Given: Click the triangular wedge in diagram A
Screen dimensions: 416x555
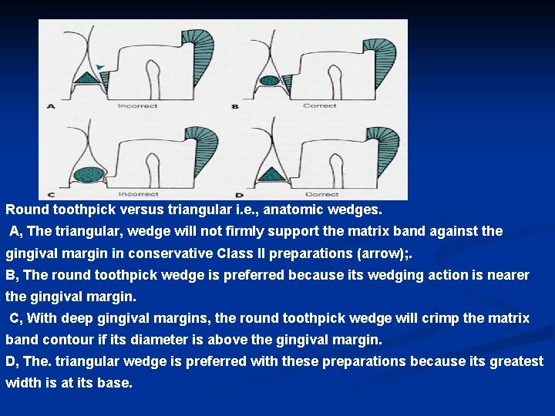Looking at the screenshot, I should tap(88, 78).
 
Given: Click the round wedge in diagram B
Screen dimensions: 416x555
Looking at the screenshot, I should tap(270, 80).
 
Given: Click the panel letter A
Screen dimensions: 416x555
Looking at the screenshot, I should tap(51, 106).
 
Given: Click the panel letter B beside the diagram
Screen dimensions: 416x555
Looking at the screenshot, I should tap(235, 106).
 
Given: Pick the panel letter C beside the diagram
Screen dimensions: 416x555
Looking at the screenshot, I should tap(50, 194).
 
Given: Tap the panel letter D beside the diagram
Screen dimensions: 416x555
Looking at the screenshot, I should tap(235, 194).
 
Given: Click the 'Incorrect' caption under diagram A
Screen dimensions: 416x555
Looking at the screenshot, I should tap(137, 106).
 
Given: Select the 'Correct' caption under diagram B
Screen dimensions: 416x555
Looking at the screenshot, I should tap(319, 106).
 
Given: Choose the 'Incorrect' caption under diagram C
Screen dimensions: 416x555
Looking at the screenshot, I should tap(137, 194).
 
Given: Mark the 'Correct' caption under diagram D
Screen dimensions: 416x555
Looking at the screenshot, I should tap(321, 194).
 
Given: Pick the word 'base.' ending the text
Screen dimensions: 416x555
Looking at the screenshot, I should tap(114, 383).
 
